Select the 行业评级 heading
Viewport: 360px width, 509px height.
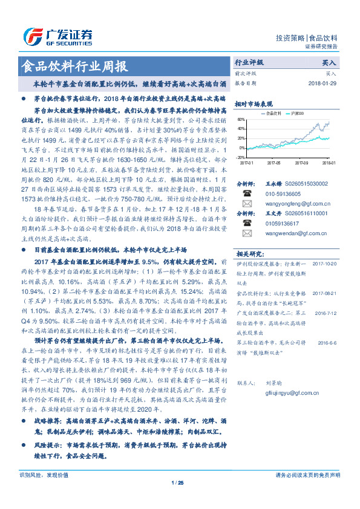coord(249,63)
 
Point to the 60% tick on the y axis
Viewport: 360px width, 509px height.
coord(241,119)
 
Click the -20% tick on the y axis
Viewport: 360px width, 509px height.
coord(241,156)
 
